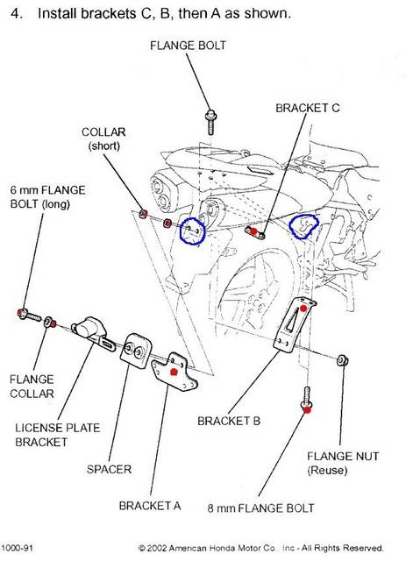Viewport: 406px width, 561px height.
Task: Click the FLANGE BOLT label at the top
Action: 188,46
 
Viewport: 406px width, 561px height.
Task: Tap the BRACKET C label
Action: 308,108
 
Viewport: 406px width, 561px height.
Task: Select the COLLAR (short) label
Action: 103,138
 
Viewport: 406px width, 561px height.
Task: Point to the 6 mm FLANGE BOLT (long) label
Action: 47,196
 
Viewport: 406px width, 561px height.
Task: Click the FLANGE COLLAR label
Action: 32,387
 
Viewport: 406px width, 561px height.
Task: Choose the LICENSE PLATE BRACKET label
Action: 57,435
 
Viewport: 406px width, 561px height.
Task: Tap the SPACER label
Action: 109,469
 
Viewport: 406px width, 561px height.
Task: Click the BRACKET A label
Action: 150,506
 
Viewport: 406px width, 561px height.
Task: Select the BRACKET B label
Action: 229,421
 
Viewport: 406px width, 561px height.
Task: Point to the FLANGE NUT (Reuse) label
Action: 343,463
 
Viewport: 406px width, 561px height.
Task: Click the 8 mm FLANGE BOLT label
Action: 260,508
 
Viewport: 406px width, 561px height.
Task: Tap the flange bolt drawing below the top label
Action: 210,122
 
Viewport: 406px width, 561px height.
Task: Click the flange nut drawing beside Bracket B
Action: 343,360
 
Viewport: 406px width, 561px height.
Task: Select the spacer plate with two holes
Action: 135,352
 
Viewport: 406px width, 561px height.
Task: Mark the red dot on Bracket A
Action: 174,372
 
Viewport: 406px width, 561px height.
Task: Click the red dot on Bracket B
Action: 303,309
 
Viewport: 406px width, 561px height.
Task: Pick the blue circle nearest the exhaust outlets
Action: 192,231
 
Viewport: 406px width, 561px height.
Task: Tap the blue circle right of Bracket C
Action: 303,225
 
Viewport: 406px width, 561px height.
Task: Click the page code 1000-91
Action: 18,548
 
